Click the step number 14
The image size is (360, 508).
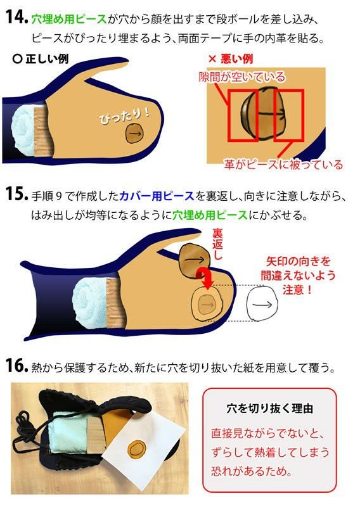pos(16,17)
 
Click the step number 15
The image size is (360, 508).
pos(16,194)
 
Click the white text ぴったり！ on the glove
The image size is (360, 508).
pos(124,115)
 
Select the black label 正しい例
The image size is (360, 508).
pos(41,59)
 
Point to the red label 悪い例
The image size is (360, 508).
pos(231,59)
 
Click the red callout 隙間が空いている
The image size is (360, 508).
pos(242,77)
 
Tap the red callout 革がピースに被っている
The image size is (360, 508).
pos(283,165)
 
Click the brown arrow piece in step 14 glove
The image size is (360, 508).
pos(134,133)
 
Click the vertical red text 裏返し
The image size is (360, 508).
pos(217,244)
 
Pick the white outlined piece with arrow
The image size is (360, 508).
pos(262,303)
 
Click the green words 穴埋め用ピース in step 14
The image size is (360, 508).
pos(69,19)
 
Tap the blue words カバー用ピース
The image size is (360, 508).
pos(157,196)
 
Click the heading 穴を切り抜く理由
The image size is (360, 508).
pos(269,408)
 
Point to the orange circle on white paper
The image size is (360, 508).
pos(138,449)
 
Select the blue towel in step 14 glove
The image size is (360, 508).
pos(23,130)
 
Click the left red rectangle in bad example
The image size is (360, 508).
pos(243,116)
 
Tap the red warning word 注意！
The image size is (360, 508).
pos(298,289)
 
